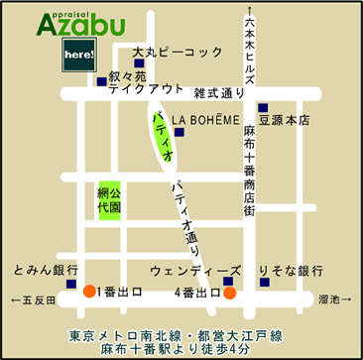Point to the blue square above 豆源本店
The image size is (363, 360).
[x=263, y=107]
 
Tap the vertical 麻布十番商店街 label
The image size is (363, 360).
[x=250, y=170]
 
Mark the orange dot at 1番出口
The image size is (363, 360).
[x=89, y=293]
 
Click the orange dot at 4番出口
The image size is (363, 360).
[x=230, y=293]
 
